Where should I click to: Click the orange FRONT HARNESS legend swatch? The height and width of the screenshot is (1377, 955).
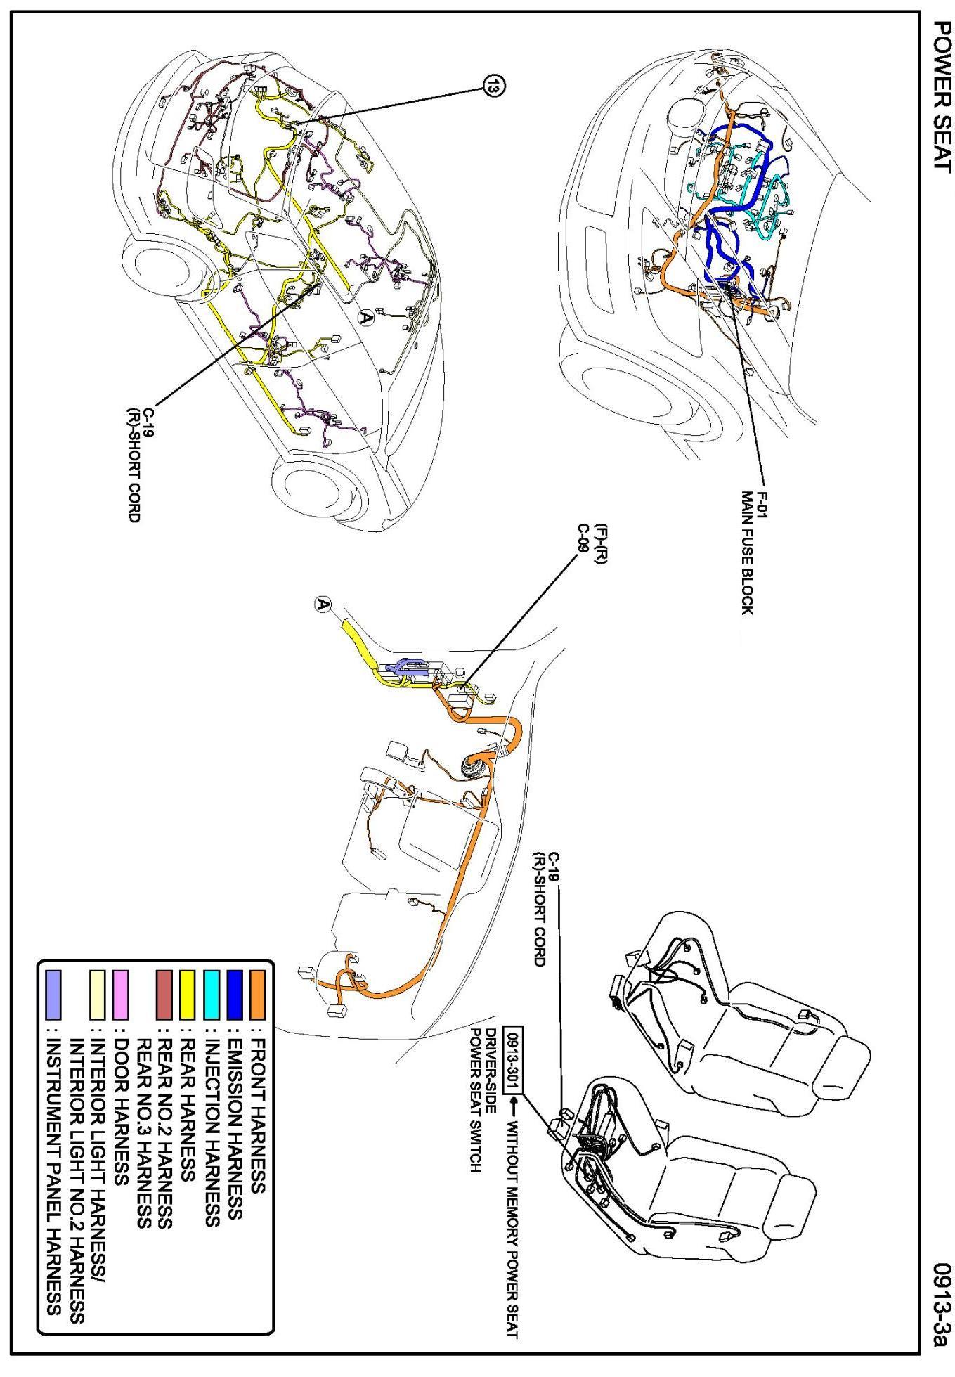[260, 995]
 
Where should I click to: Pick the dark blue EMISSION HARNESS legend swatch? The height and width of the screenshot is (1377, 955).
[236, 995]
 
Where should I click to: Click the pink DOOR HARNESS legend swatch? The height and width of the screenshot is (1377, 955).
[120, 995]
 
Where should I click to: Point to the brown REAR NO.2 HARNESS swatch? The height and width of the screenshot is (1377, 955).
[164, 995]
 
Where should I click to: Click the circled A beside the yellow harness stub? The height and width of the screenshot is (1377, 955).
[323, 605]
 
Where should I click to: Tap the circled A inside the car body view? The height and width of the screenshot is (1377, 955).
[365, 318]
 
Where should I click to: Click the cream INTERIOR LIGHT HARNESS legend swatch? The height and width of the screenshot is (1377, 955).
[96, 995]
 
